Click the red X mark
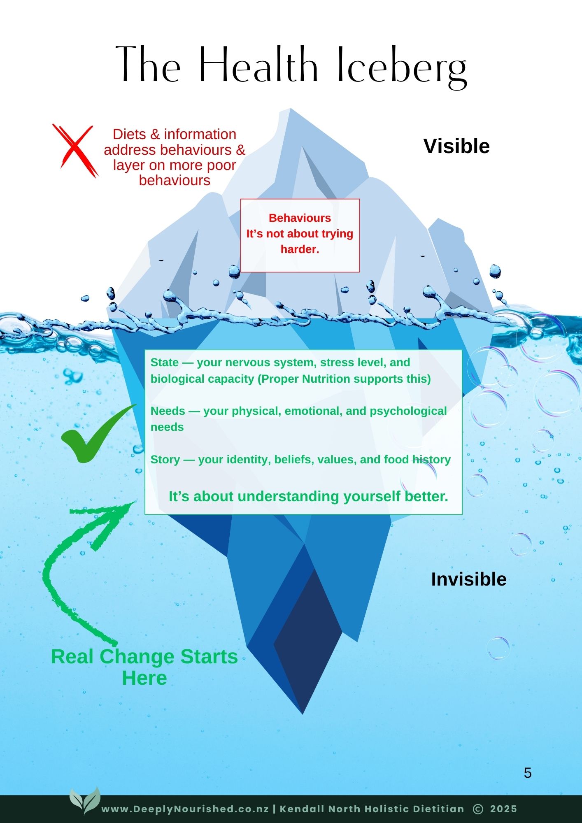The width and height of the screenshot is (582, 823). (75, 150)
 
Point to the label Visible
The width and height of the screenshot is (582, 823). (456, 146)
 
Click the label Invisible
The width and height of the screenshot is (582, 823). (468, 579)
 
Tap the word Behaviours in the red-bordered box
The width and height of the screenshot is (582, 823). (300, 218)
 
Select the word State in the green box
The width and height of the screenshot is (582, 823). (165, 363)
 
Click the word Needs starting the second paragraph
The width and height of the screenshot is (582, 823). (168, 411)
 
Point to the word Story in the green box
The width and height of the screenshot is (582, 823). (165, 460)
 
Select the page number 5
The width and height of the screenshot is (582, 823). (528, 773)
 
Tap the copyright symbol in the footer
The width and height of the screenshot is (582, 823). (478, 809)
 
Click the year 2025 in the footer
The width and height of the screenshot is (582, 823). (503, 809)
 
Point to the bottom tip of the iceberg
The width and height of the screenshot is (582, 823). (303, 713)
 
